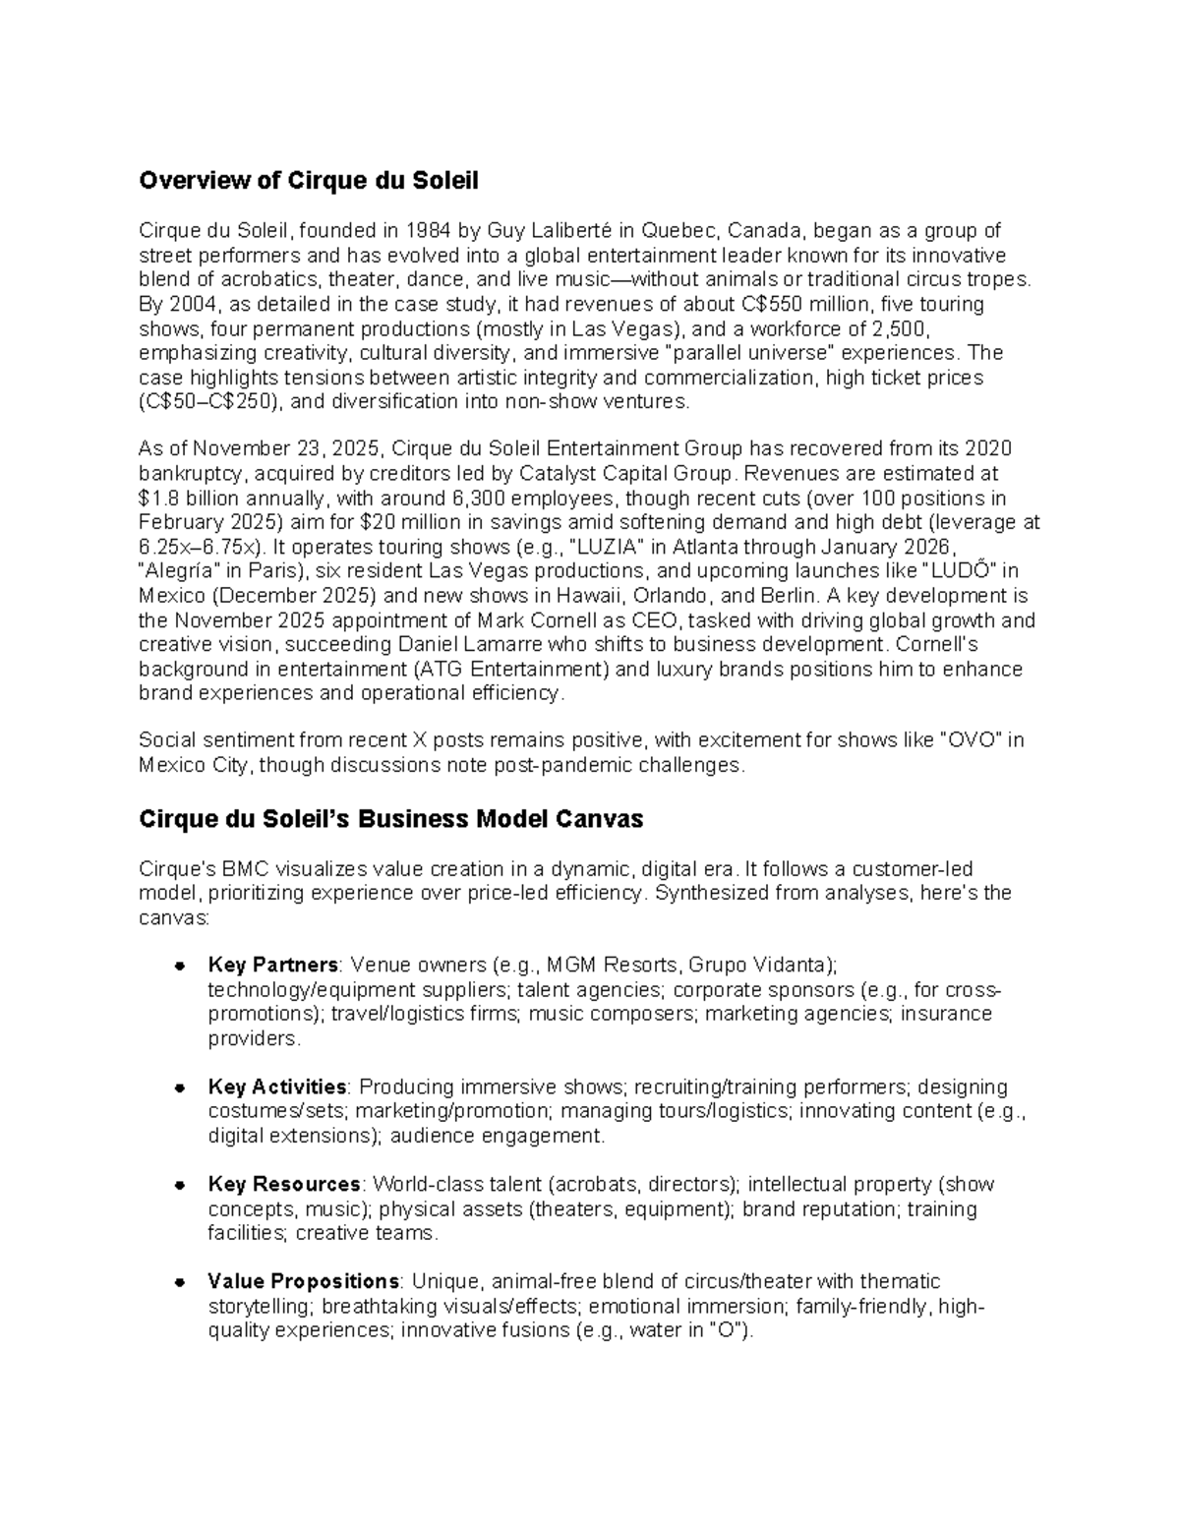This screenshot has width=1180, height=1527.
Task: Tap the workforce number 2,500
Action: tap(900, 328)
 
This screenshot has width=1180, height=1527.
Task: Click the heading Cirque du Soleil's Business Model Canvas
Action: tap(390, 819)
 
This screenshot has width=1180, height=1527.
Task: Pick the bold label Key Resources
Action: tap(284, 1184)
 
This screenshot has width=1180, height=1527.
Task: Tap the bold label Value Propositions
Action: tap(303, 1281)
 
